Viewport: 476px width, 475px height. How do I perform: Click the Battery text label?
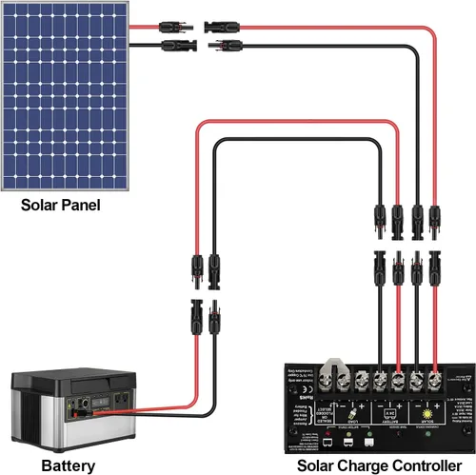coord(68,465)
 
